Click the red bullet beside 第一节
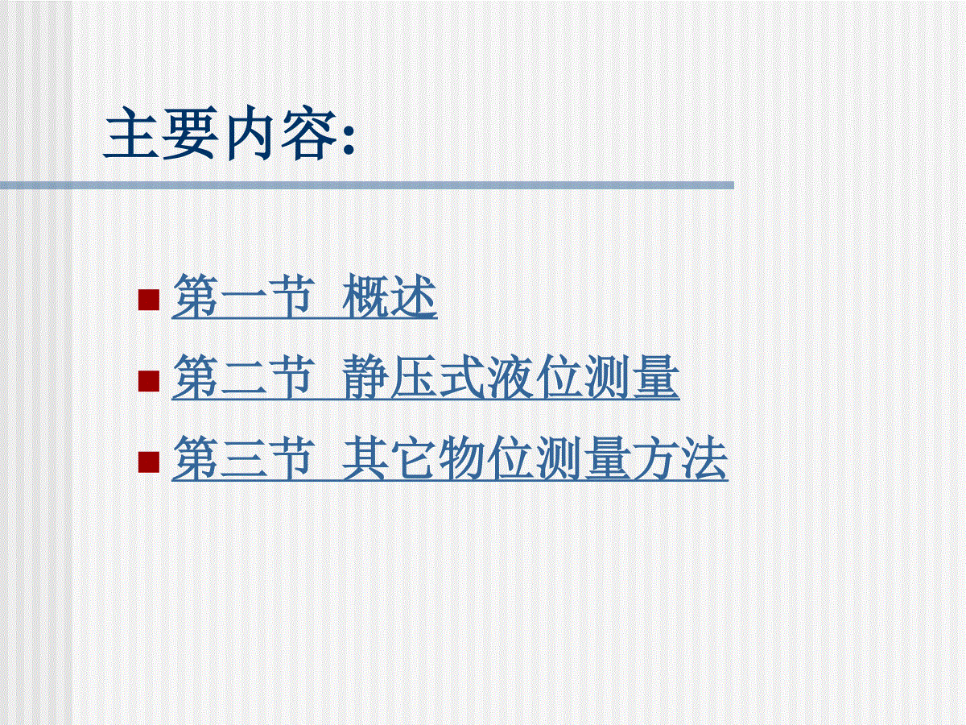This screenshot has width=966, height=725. [x=148, y=300]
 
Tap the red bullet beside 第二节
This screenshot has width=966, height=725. [x=148, y=381]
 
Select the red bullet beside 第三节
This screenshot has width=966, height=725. [x=148, y=462]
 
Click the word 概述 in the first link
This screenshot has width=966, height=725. [x=390, y=296]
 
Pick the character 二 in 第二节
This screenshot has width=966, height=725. [x=244, y=378]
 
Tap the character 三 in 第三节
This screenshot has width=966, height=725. [x=244, y=458]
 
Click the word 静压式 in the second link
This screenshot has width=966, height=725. [x=414, y=377]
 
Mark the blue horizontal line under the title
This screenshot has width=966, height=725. [x=366, y=185]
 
